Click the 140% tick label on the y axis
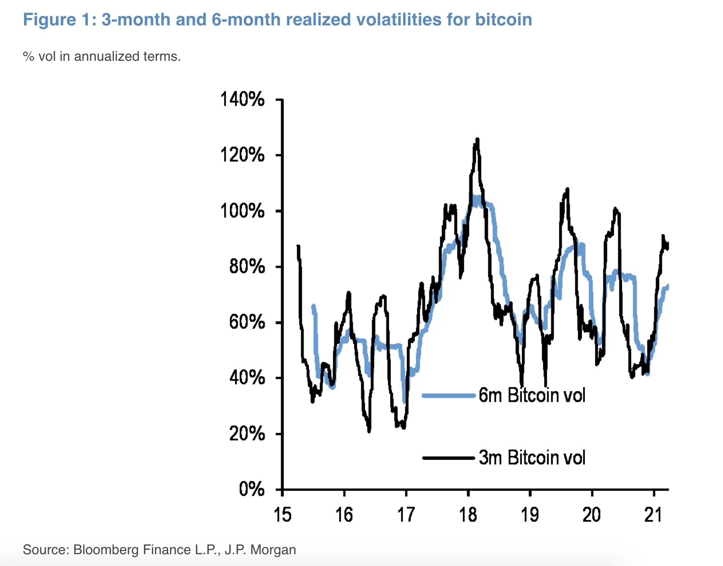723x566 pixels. [x=242, y=99]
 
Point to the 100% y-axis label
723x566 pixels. [x=242, y=211]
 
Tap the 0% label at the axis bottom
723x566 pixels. [x=251, y=489]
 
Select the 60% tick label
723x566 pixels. [x=247, y=322]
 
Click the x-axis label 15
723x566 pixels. [x=282, y=515]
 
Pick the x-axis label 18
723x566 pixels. [x=468, y=515]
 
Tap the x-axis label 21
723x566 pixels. [x=653, y=515]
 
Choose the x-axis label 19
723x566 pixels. [x=530, y=515]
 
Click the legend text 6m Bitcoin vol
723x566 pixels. [x=532, y=395]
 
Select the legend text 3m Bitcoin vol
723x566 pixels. [x=532, y=458]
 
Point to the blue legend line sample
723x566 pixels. [x=448, y=395]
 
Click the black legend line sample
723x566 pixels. [x=448, y=458]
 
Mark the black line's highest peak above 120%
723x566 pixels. [x=477, y=139]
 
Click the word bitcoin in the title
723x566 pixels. [x=503, y=20]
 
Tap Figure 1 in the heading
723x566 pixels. [x=57, y=20]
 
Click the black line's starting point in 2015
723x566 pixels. [x=298, y=246]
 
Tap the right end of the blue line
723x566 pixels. [x=668, y=286]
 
